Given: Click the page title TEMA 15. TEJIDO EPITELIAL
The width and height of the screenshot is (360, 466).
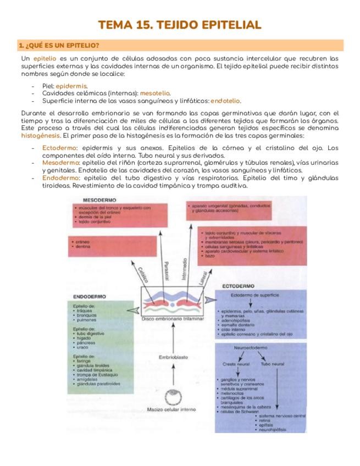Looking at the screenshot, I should [180, 25].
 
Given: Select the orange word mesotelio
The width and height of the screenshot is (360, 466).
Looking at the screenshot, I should [155, 93].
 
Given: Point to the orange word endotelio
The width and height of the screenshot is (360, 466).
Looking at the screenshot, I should [225, 101].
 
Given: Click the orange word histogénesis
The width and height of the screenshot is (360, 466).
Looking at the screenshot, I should [41, 135].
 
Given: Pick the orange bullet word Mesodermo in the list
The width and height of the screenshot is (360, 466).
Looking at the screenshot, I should [60, 163].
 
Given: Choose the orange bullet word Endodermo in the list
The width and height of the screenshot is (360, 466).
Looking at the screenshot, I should [60, 178].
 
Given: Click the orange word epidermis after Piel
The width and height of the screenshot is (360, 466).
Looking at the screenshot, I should [71, 86].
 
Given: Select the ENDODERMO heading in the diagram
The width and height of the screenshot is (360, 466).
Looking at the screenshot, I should [86, 297].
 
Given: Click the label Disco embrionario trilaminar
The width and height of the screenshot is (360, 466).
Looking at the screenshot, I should [172, 319].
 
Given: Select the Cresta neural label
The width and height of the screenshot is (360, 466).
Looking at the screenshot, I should [236, 364].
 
